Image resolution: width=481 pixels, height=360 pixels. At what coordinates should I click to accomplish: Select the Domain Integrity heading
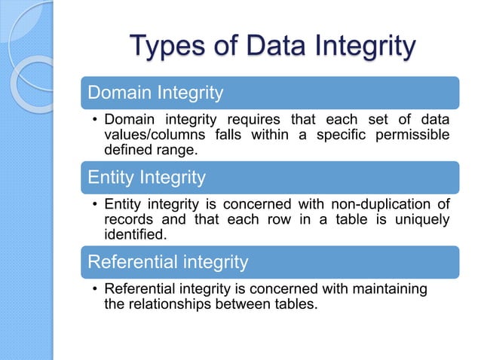click(x=155, y=93)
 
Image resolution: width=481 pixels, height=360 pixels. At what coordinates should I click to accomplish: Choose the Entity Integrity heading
click(x=146, y=178)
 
